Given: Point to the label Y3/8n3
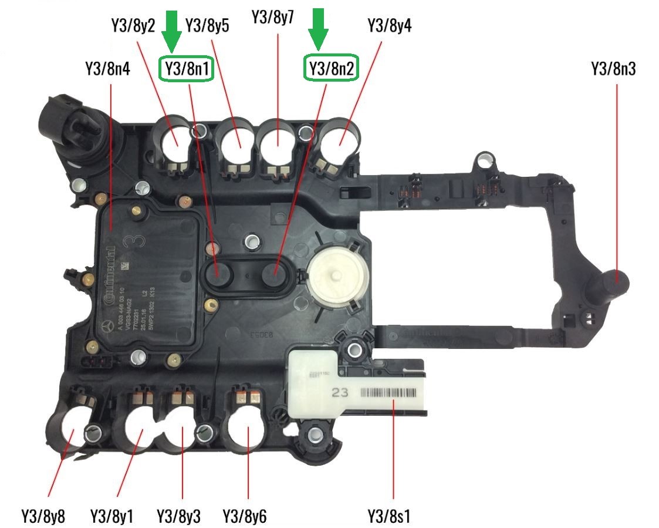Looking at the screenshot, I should [x=613, y=69].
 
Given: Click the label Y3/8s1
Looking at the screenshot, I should [x=388, y=517].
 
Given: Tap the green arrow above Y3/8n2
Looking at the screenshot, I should [x=319, y=28].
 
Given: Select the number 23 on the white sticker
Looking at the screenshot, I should [x=340, y=392].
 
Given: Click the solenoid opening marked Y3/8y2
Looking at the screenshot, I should [x=175, y=141].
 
